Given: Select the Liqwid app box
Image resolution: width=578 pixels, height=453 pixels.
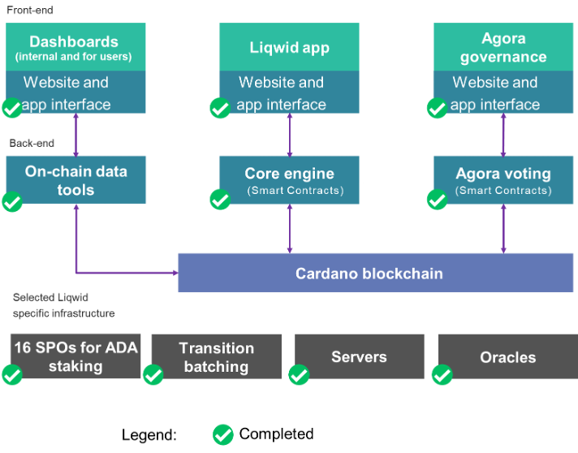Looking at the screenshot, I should coord(289,47).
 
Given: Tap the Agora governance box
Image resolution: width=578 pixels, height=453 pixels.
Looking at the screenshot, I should coord(503,47).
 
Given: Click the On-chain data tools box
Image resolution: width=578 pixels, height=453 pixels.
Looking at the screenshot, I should coord(75,180).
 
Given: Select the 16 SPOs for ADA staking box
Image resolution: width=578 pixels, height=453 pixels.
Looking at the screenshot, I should coord(75,356).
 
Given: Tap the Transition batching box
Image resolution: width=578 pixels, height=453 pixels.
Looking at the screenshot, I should coord(216,356).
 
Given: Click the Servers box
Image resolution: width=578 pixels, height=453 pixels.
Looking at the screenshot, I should coord(359,356).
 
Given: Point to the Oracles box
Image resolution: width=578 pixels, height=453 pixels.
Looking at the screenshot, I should coord(507,356).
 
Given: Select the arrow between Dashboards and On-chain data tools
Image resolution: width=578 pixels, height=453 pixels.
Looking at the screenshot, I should coord(75,135).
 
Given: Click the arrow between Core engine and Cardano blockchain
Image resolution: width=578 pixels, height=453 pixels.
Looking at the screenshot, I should coord(290,228).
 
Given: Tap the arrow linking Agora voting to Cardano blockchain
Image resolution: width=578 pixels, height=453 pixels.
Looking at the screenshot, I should coord(503,228).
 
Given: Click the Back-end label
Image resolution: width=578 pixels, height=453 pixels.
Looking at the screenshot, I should coord(32,144).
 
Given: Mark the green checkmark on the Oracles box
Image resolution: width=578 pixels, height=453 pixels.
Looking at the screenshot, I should coord(442,375).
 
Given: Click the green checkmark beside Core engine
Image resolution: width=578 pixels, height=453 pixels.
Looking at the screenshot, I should coord(220,200).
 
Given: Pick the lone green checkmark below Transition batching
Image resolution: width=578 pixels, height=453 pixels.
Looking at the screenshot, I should coord(222,434).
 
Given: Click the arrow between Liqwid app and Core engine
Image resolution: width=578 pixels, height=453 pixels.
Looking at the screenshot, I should coord(290,135).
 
